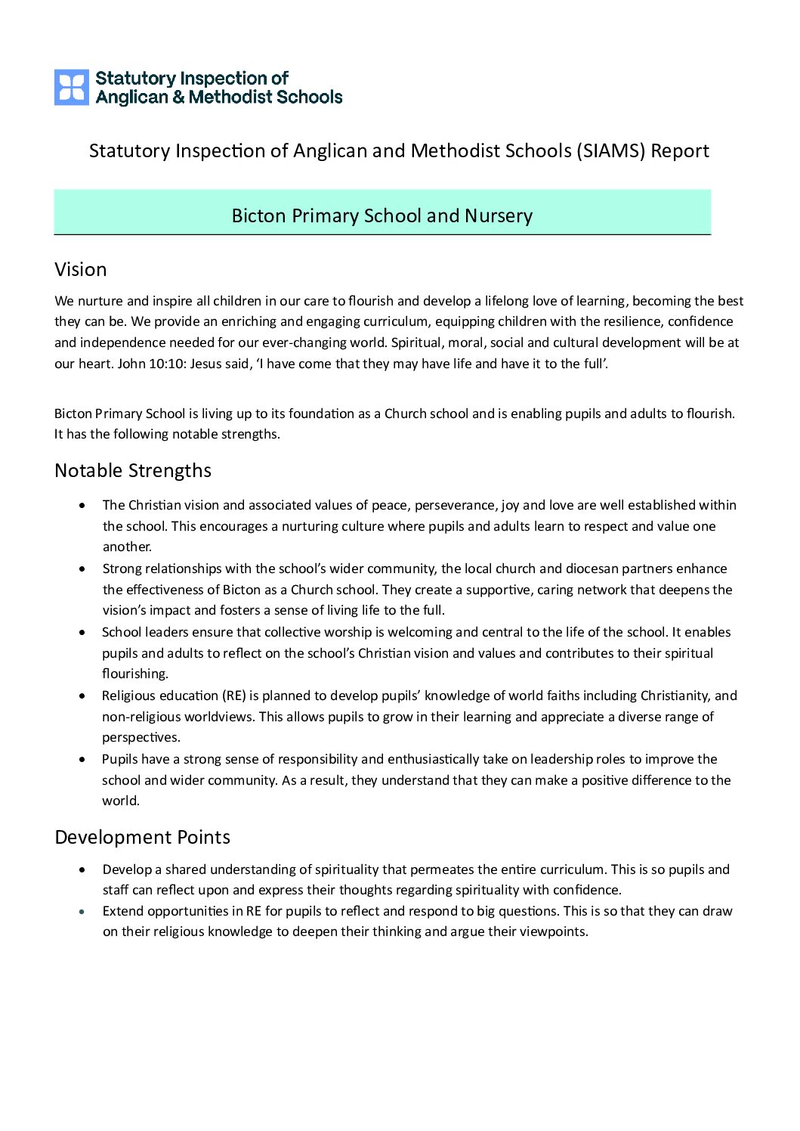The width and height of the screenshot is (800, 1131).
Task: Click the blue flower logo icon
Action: pyautogui.click(x=72, y=87)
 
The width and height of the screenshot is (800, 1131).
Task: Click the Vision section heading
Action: pyautogui.click(x=80, y=270)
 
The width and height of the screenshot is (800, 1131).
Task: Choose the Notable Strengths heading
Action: pyautogui.click(x=133, y=470)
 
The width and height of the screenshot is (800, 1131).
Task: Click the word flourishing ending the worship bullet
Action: pyautogui.click(x=135, y=674)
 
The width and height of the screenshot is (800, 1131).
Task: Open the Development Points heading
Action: pyautogui.click(x=142, y=838)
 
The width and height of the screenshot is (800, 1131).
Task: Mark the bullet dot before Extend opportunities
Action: pyautogui.click(x=82, y=912)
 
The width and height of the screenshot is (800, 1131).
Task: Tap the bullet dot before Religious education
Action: pyautogui.click(x=82, y=696)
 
